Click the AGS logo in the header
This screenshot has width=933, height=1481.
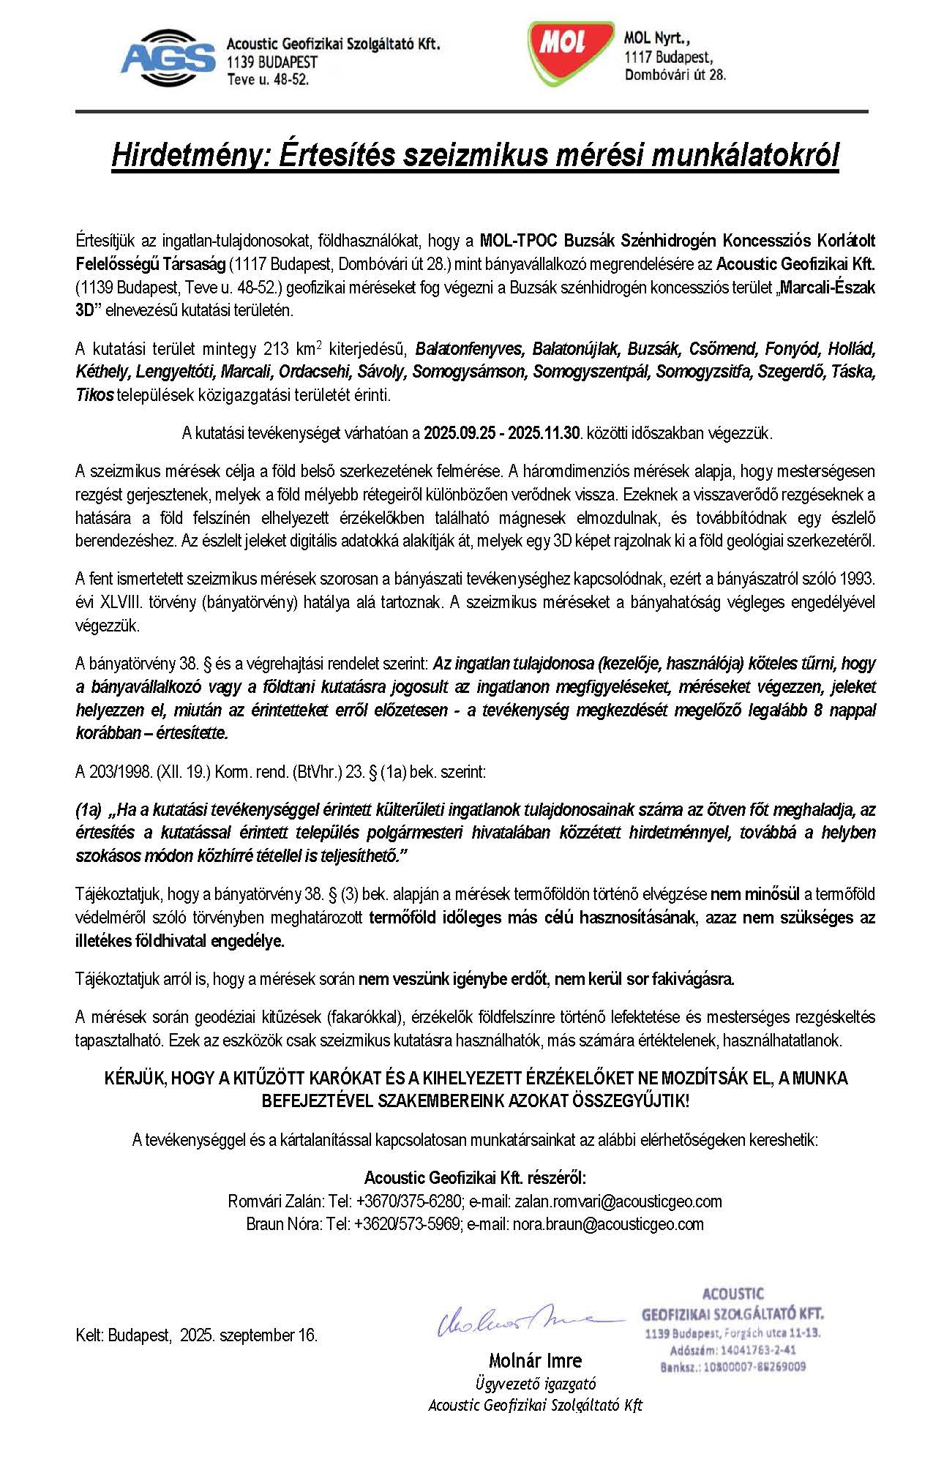[x=168, y=56]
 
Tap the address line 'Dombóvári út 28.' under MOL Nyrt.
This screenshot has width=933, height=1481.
[x=675, y=75]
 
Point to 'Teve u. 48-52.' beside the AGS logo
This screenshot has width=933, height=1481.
[x=268, y=79]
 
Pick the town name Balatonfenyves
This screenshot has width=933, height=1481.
[x=470, y=348]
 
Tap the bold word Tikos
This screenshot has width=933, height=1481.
[x=94, y=395]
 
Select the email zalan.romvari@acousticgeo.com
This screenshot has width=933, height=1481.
[x=618, y=1201]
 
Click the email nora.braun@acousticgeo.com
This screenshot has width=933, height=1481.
[x=608, y=1224]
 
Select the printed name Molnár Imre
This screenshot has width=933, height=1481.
[x=535, y=1361]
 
